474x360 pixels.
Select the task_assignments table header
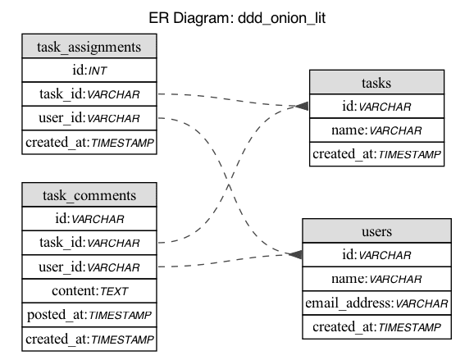89,47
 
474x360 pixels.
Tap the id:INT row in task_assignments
89,71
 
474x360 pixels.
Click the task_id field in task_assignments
89,94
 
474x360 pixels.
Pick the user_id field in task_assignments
89,119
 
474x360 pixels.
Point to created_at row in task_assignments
89,143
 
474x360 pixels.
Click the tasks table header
376,82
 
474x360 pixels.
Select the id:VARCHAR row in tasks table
376,106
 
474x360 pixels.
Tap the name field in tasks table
376,130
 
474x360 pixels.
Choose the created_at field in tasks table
376,154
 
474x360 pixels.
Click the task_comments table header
89,195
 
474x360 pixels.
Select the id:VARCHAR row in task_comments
89,219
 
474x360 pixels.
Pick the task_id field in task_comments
89,243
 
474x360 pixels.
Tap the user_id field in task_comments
89,267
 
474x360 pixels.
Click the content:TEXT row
89,291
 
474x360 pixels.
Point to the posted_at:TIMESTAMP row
89,315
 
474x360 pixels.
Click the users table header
376,231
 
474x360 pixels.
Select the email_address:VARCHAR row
376,303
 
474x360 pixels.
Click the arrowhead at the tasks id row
303,107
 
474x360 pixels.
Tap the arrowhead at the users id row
296,255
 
